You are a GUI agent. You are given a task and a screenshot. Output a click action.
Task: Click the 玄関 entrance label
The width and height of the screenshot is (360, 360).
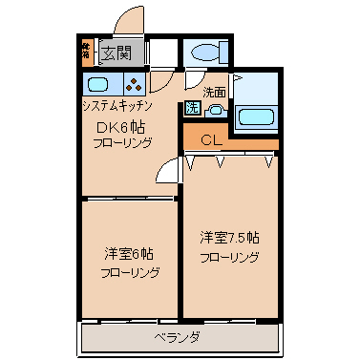(118, 53)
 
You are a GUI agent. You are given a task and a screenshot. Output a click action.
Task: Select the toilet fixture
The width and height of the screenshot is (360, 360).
(204, 53)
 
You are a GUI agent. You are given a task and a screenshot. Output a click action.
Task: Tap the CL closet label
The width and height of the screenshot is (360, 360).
(213, 140)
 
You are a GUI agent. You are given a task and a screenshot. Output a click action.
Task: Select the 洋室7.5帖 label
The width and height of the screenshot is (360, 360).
(229, 237)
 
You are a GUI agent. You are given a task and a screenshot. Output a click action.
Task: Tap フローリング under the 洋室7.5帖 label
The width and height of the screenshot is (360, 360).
(229, 258)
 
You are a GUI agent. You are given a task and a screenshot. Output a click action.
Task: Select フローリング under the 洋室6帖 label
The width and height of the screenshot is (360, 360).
(129, 273)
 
